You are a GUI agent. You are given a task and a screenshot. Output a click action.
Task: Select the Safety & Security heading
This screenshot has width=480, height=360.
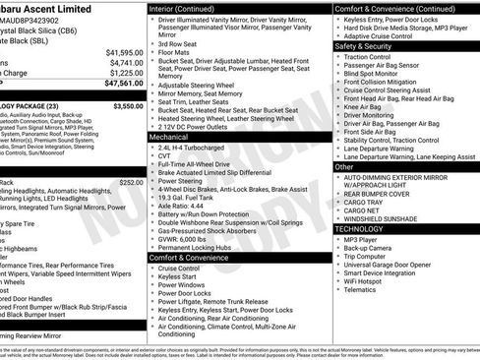[x=362, y=45]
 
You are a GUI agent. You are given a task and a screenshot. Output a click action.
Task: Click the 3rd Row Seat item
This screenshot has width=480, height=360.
[x=178, y=43]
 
